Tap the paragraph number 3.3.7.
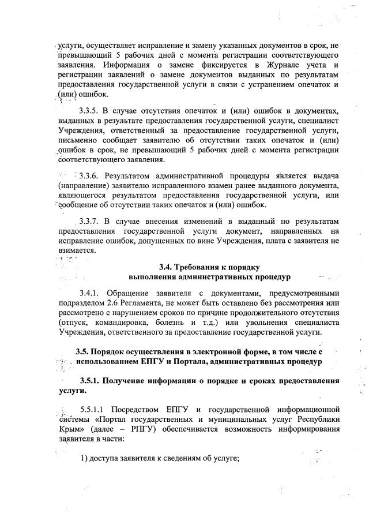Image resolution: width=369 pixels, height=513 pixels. point(91,222)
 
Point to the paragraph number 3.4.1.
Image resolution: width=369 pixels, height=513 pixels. point(91,293)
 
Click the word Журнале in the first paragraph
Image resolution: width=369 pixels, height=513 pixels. point(266,65)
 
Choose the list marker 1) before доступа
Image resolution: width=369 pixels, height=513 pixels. point(84,458)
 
